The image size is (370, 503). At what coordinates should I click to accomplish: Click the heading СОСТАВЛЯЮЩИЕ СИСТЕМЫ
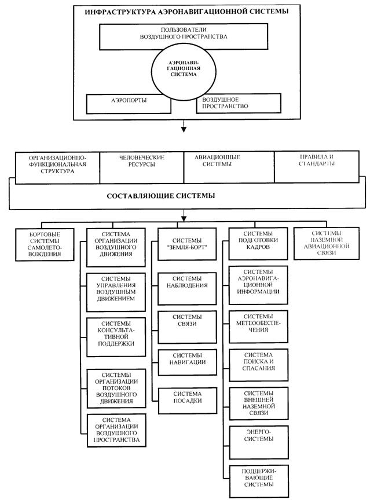(x=161, y=196)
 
